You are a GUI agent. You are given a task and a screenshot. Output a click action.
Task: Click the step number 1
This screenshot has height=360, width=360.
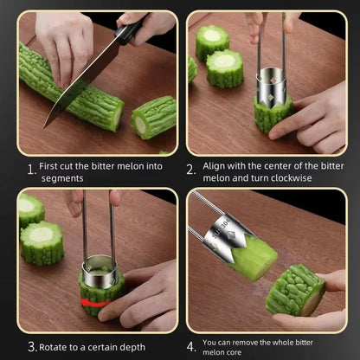pyautogui.click(x=30, y=170)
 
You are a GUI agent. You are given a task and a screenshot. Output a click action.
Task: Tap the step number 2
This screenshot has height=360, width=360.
pyautogui.click(x=192, y=170)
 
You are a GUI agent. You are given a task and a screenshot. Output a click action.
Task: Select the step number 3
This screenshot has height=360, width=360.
pyautogui.click(x=31, y=346)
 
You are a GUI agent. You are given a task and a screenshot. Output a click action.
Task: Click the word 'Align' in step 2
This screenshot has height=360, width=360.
pyautogui.click(x=215, y=164)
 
